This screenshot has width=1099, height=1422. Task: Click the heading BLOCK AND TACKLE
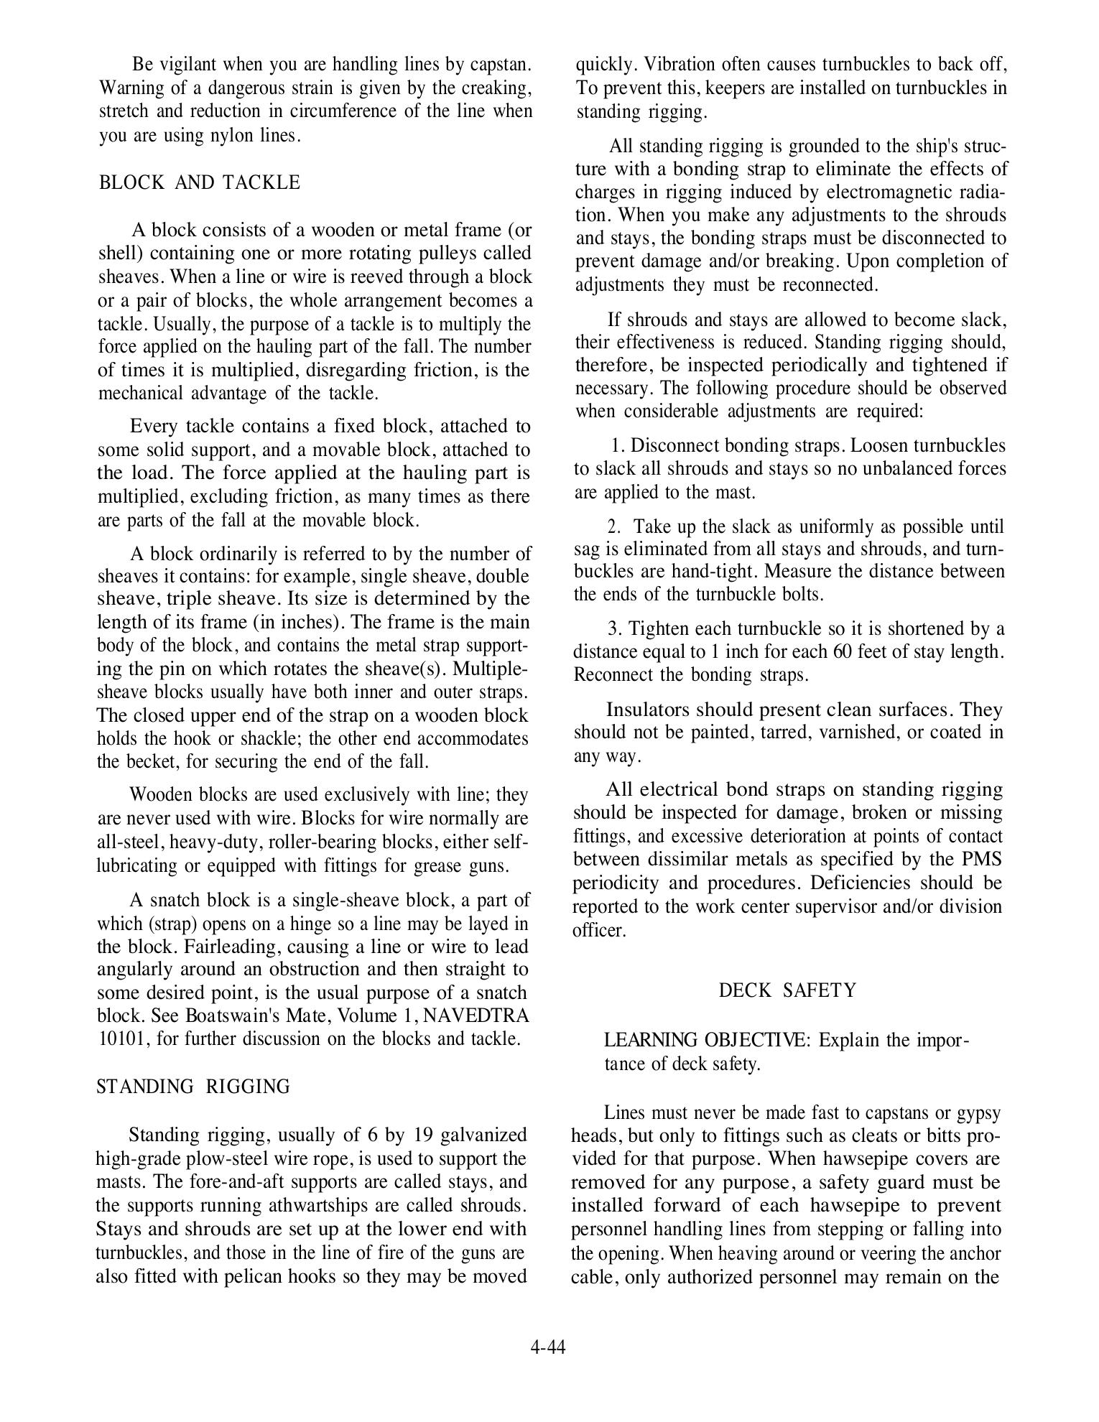point(199,183)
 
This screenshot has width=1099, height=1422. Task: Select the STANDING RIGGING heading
point(193,1087)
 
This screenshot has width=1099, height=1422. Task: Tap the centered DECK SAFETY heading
point(787,991)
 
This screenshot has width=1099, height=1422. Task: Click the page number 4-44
point(548,1347)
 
